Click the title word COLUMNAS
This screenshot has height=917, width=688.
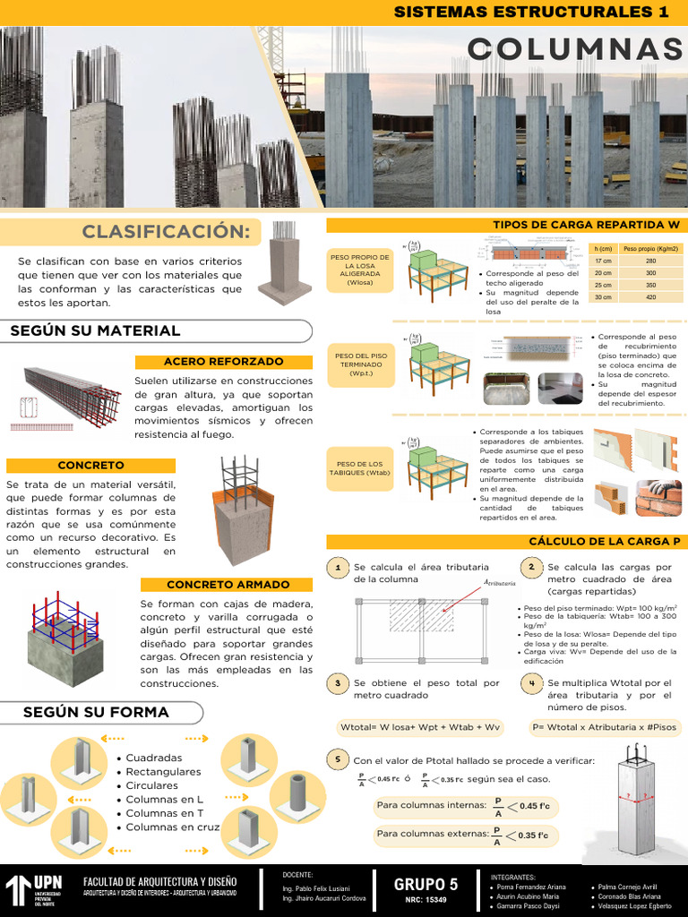tap(574, 48)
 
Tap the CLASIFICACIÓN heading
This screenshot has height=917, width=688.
tap(166, 232)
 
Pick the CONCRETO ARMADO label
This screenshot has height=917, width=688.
tap(227, 585)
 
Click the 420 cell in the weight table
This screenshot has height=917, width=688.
tap(650, 297)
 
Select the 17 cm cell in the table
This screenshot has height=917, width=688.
tap(603, 261)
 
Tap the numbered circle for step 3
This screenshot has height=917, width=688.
tap(338, 683)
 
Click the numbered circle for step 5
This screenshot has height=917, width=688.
tap(338, 760)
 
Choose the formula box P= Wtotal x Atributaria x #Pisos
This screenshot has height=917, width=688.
tap(603, 727)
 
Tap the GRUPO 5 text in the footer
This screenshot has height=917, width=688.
tap(426, 884)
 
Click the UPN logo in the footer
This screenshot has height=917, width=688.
tap(34, 889)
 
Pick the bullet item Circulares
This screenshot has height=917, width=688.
tap(151, 785)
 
